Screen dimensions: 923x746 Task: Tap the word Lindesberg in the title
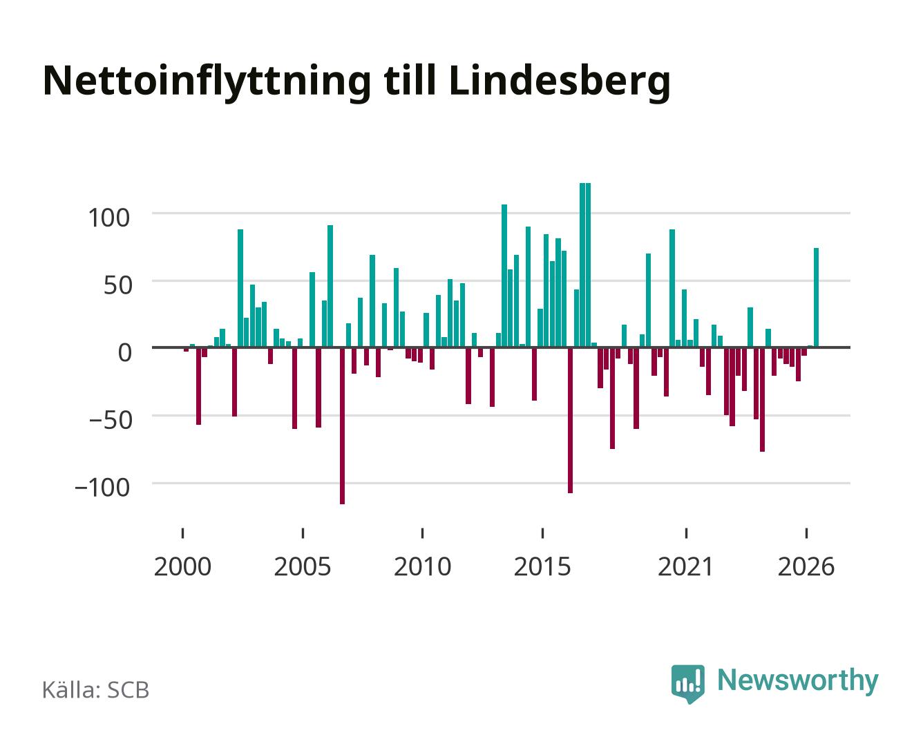(559, 82)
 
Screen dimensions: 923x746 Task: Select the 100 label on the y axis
(108, 218)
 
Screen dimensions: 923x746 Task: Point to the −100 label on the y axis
(102, 488)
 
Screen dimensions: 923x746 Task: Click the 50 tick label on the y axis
(117, 285)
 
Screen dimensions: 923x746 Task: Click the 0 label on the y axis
(124, 352)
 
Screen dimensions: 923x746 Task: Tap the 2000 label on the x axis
(182, 566)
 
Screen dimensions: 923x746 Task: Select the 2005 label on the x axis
(303, 566)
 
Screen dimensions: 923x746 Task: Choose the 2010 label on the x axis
(423, 566)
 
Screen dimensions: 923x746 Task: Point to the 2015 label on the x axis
(542, 566)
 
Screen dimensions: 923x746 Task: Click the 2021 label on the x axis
(685, 566)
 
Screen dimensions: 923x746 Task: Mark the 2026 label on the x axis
(806, 566)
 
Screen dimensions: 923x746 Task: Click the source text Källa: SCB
(96, 690)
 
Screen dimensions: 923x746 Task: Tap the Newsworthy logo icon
(687, 684)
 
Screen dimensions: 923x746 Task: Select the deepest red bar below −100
(343, 426)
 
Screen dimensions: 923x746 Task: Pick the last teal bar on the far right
(817, 298)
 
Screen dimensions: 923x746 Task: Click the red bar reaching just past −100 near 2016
(570, 420)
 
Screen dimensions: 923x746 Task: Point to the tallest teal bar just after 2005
(330, 287)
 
